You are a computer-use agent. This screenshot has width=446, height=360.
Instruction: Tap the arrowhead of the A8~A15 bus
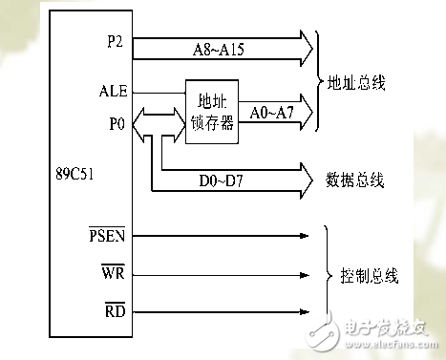tap(305, 45)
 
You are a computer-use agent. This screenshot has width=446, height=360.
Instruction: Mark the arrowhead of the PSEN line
tap(305, 235)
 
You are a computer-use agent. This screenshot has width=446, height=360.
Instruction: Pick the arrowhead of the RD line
tap(305, 311)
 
